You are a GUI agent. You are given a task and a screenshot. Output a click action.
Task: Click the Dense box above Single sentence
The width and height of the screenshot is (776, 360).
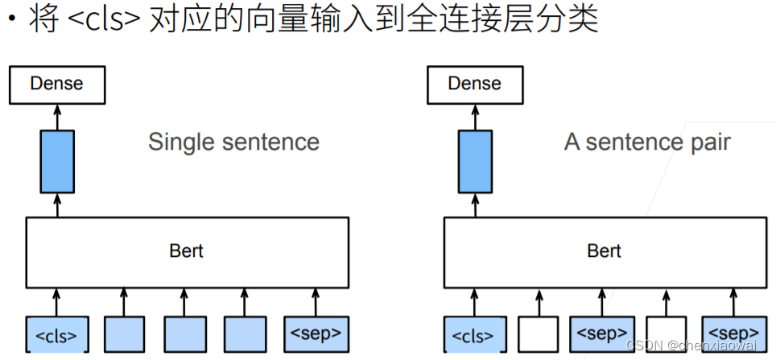(x=56, y=85)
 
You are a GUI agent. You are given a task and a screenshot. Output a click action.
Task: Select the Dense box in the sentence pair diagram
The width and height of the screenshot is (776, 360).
(x=474, y=85)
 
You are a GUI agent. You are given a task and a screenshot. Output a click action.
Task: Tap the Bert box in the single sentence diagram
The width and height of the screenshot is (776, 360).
(x=186, y=250)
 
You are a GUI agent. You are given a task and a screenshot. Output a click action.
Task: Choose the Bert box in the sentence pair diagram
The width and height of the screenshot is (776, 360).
(x=604, y=250)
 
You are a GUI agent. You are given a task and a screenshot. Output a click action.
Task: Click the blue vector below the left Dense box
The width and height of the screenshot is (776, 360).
(x=57, y=160)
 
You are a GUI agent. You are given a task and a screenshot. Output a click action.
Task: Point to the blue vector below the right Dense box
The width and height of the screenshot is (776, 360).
(x=475, y=160)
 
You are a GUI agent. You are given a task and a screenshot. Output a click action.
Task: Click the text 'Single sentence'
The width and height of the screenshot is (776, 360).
(x=233, y=143)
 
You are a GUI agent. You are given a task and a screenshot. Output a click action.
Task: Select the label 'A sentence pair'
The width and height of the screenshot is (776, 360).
(x=647, y=143)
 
